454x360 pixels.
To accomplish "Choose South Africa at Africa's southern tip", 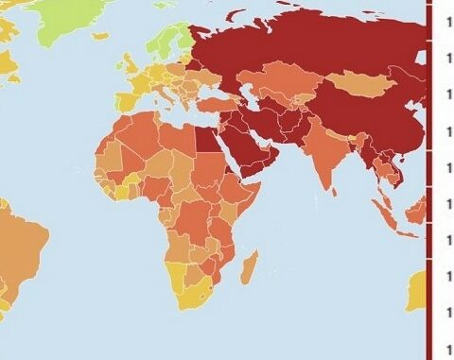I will click(194, 300).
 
